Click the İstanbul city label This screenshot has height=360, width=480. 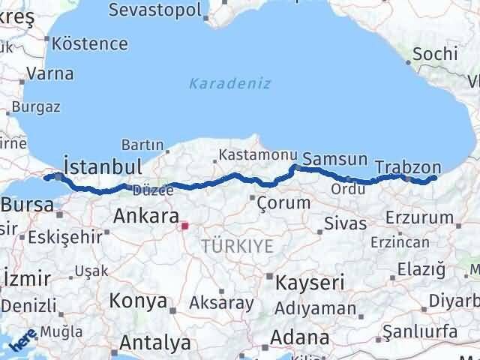point(103,166)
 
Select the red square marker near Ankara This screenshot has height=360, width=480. point(184,223)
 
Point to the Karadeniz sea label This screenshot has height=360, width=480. point(229,83)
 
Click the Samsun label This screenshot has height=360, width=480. point(335,160)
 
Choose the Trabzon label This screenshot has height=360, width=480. point(408,167)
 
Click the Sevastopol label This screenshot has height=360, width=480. point(155,10)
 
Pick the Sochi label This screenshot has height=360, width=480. point(434,54)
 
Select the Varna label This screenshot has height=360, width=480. point(49,73)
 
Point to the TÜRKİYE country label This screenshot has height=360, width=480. point(236,245)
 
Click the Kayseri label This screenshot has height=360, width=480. point(310,283)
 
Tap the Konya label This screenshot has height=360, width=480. point(138,301)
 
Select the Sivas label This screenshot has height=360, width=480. point(346,223)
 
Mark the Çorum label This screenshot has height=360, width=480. point(283,202)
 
